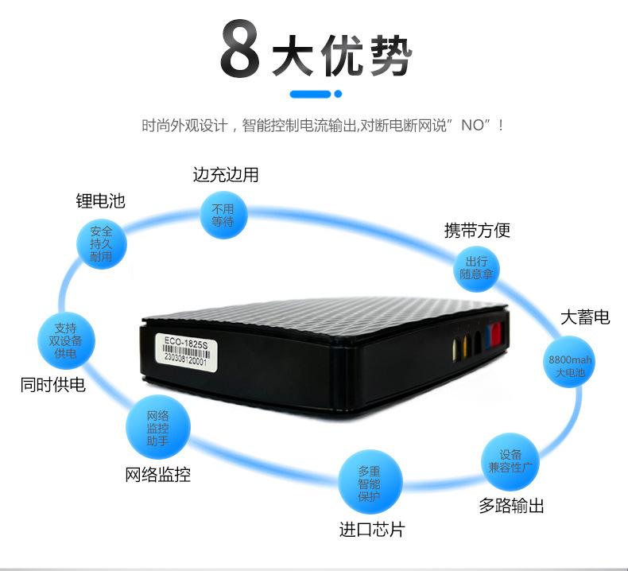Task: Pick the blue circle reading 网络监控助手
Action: coord(157,429)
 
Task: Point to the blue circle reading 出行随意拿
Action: coord(478,268)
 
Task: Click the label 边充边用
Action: coord(226,175)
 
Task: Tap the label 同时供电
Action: coord(52,386)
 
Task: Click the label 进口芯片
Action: coord(371,530)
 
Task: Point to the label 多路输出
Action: coord(511,506)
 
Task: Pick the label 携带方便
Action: coord(477,231)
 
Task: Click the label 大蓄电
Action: coord(585,317)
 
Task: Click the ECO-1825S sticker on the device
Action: coord(181,351)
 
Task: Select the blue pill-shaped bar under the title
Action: coord(311,94)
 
